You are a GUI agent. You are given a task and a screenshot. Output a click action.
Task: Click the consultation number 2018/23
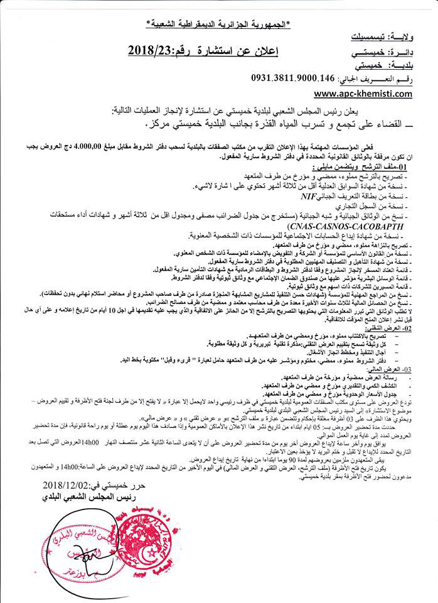tap(160, 49)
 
